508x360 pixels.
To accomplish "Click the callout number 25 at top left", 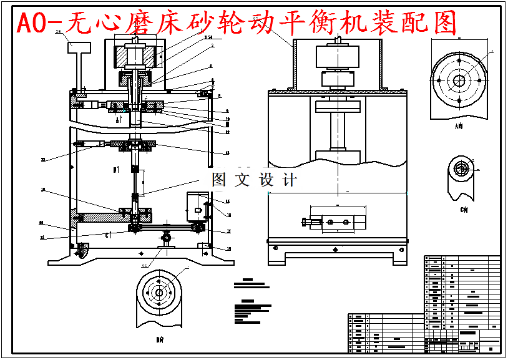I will tap(58, 31).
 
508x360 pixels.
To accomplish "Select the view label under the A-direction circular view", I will tap(459, 126).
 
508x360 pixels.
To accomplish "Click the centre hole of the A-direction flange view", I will tap(459, 80).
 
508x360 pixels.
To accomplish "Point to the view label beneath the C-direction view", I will tap(464, 210).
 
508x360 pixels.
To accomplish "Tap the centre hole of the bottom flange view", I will tap(159, 293).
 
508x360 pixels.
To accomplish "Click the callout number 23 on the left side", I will tap(43, 160).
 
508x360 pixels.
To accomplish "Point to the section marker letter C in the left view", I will tap(107, 235).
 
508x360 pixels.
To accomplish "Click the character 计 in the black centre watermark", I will tap(290, 180).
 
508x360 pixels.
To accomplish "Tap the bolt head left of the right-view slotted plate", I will tap(306, 221).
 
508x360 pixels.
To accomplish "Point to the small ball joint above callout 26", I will tap(166, 237).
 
